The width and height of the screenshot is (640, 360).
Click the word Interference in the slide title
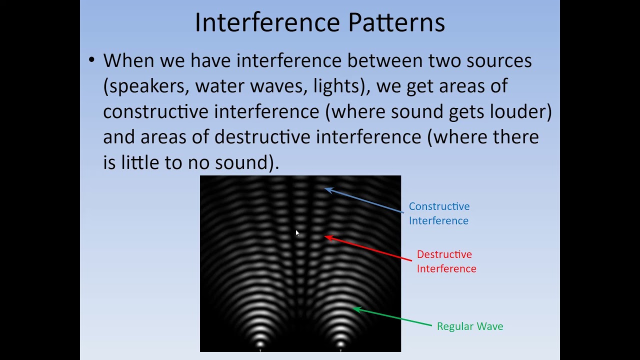[267, 22]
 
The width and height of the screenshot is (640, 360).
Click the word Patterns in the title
[396, 22]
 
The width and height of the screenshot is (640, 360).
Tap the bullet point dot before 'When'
[91, 59]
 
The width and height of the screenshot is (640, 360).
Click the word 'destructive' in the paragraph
[262, 136]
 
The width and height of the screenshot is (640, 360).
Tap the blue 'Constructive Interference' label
[439, 213]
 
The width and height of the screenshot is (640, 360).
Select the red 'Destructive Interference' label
[446, 261]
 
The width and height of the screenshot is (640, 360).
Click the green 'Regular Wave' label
[470, 326]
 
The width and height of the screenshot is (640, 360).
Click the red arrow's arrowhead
[328, 237]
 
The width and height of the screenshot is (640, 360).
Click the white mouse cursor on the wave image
[297, 233]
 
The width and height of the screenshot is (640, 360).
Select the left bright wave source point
[260, 344]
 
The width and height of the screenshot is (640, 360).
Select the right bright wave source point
[340, 344]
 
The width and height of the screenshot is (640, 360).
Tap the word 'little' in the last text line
[140, 162]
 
